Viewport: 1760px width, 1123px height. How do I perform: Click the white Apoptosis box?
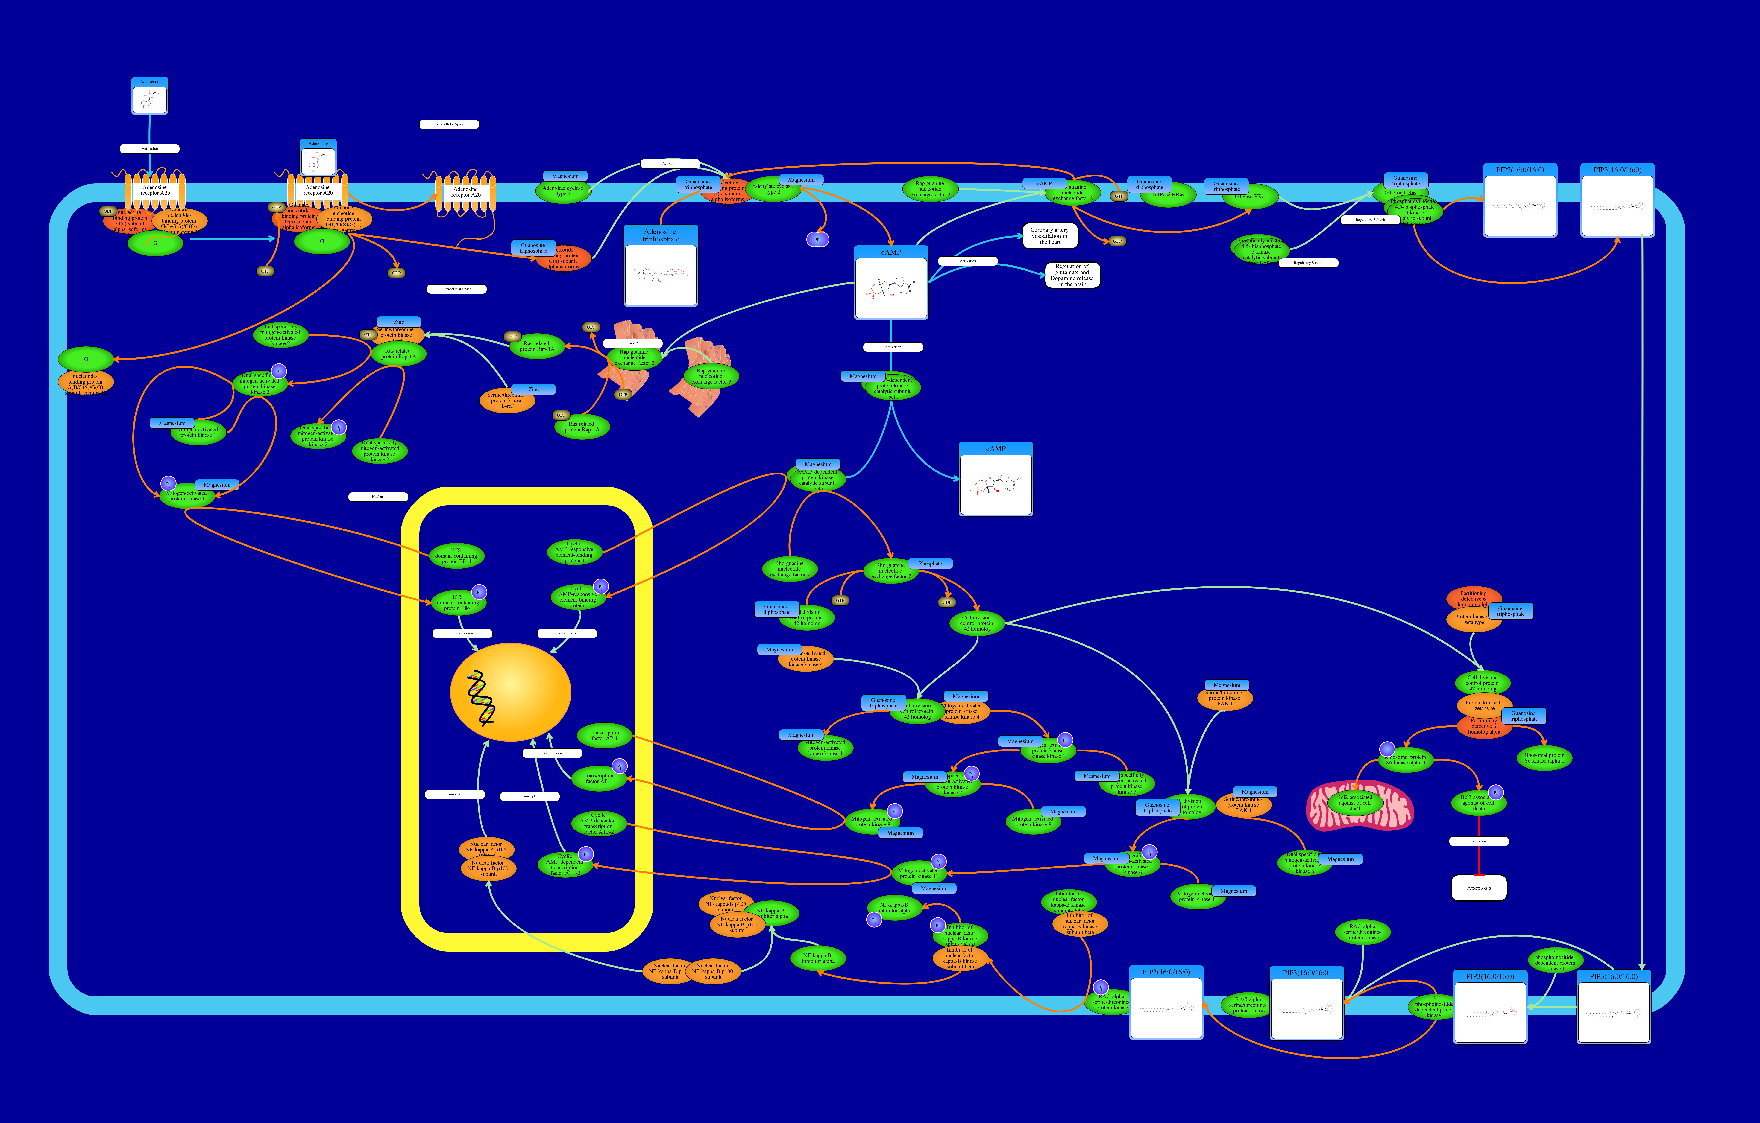pos(1479,888)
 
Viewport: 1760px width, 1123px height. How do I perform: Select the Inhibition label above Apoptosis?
pos(1479,841)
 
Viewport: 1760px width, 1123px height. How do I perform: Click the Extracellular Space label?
pos(449,124)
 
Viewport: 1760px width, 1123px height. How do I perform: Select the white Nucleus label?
pos(378,497)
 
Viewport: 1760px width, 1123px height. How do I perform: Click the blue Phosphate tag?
pos(930,563)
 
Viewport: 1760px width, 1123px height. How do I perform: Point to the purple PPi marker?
pos(817,240)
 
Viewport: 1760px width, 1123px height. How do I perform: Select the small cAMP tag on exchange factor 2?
pos(1044,183)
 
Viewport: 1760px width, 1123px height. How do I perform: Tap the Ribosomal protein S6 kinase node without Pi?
pos(1544,758)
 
